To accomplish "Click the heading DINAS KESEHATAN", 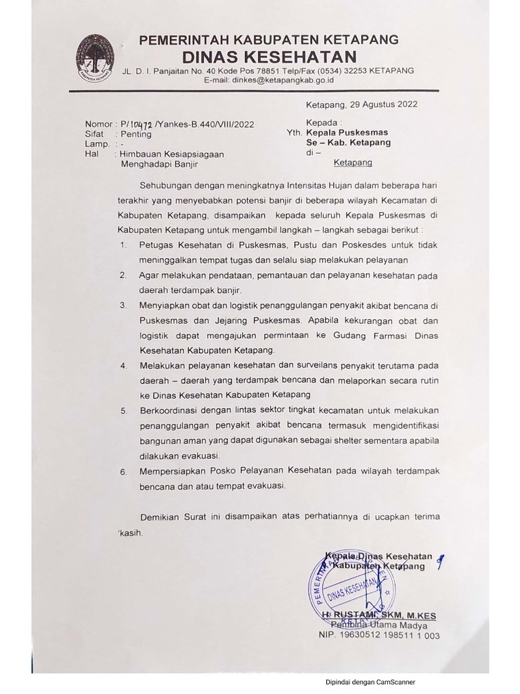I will click(x=269, y=56).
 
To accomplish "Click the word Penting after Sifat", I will click(x=136, y=134).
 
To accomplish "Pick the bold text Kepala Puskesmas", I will click(x=347, y=134).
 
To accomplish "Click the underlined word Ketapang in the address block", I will click(x=353, y=163).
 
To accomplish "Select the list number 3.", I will click(x=123, y=306).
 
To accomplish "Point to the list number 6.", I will click(x=123, y=472).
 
